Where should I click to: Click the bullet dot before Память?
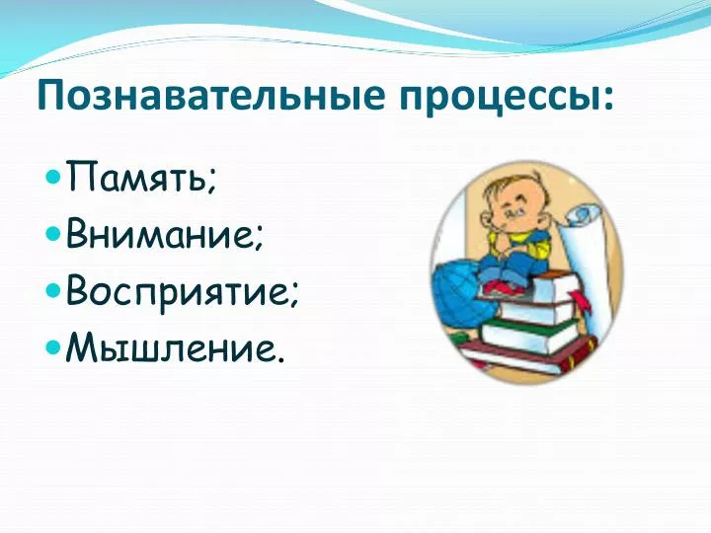(x=53, y=177)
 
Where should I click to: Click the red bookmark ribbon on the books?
(x=582, y=301)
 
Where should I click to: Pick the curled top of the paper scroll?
(x=584, y=216)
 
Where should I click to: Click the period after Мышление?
(x=281, y=358)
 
